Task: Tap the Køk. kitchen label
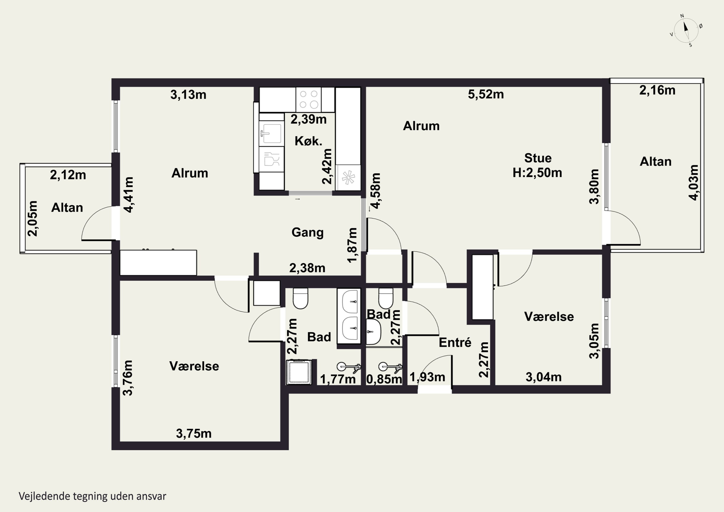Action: click(x=308, y=141)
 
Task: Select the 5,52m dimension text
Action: click(x=486, y=94)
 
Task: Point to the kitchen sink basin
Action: click(x=271, y=133)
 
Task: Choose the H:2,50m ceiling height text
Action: click(x=537, y=173)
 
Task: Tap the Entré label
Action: click(x=455, y=342)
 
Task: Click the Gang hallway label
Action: click(x=307, y=232)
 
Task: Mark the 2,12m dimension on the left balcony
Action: click(x=68, y=175)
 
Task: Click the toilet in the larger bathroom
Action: click(x=300, y=298)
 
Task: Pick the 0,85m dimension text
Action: click(x=384, y=379)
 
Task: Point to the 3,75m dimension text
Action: click(x=194, y=434)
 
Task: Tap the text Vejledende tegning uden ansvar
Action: click(x=92, y=496)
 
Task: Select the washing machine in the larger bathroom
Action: click(x=299, y=372)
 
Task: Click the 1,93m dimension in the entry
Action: click(x=427, y=377)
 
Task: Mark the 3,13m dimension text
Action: click(x=188, y=95)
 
